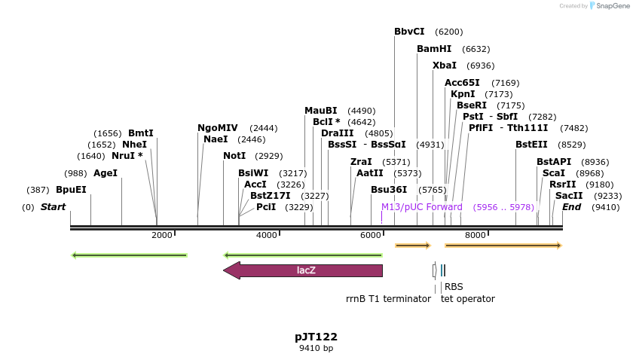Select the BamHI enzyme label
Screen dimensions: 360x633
434,49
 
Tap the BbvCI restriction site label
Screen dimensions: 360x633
409,32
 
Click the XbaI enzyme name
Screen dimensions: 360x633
445,66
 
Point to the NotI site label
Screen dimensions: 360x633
234,156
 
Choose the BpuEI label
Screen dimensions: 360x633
71,190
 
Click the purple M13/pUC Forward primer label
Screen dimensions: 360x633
421,207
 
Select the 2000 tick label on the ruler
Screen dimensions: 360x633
161,235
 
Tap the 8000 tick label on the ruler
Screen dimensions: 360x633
475,235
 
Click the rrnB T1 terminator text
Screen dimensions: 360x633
388,299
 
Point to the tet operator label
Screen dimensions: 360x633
468,299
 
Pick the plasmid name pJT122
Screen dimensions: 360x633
316,337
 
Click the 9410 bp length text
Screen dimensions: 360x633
316,348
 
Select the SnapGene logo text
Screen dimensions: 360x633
611,6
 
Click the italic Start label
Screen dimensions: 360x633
53,207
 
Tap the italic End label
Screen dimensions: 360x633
571,207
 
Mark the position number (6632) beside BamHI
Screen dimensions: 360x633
476,49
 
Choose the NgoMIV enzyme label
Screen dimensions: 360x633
218,128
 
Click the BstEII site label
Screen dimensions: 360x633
531,145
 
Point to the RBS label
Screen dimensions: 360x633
454,287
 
